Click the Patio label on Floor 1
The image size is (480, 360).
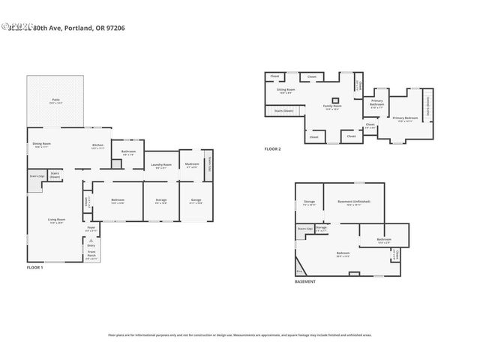click(x=56, y=100)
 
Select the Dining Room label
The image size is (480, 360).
click(x=41, y=144)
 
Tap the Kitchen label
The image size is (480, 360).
click(x=97, y=145)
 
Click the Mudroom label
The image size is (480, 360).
click(x=192, y=163)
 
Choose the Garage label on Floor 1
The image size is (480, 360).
click(x=195, y=199)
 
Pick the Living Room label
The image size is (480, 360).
click(x=56, y=221)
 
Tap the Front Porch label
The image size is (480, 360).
click(x=91, y=255)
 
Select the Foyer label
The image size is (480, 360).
click(x=91, y=227)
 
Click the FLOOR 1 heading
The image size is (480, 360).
click(x=35, y=268)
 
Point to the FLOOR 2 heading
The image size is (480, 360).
click(x=272, y=149)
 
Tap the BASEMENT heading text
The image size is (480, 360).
click(x=305, y=281)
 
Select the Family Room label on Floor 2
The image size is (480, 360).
click(x=332, y=106)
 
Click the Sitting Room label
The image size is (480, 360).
click(x=286, y=90)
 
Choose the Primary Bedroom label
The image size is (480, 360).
click(x=404, y=118)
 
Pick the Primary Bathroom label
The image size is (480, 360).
click(x=376, y=103)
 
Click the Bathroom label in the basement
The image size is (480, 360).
click(x=384, y=240)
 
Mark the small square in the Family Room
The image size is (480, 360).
click(x=334, y=98)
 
